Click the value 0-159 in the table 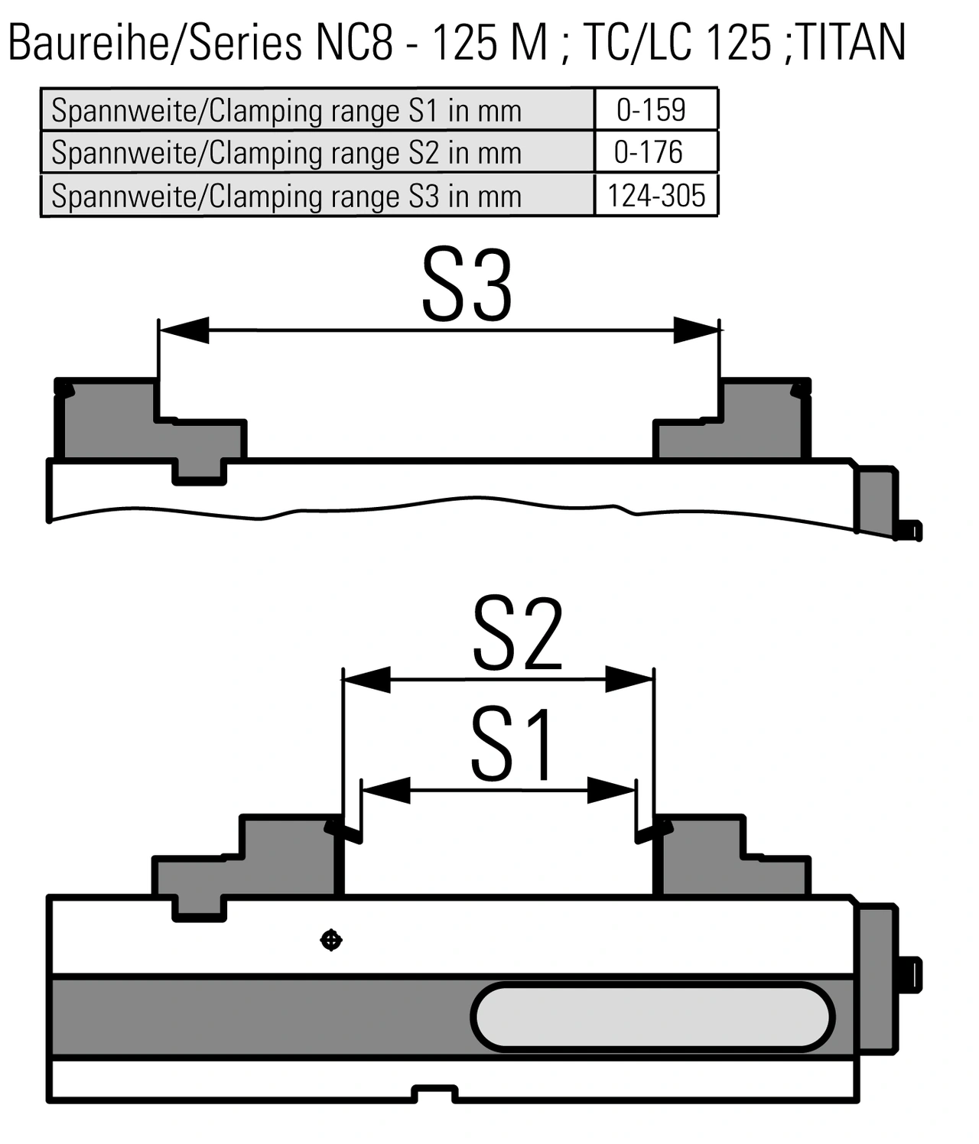click(x=651, y=109)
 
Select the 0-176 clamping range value click(x=649, y=152)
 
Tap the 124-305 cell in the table click(x=655, y=196)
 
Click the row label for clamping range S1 click(x=286, y=110)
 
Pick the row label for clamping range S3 click(x=286, y=197)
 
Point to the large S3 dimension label click(x=467, y=286)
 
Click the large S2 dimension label click(x=518, y=634)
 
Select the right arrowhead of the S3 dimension click(x=696, y=330)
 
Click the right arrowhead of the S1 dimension click(x=612, y=790)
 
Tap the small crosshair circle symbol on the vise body click(x=330, y=940)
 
